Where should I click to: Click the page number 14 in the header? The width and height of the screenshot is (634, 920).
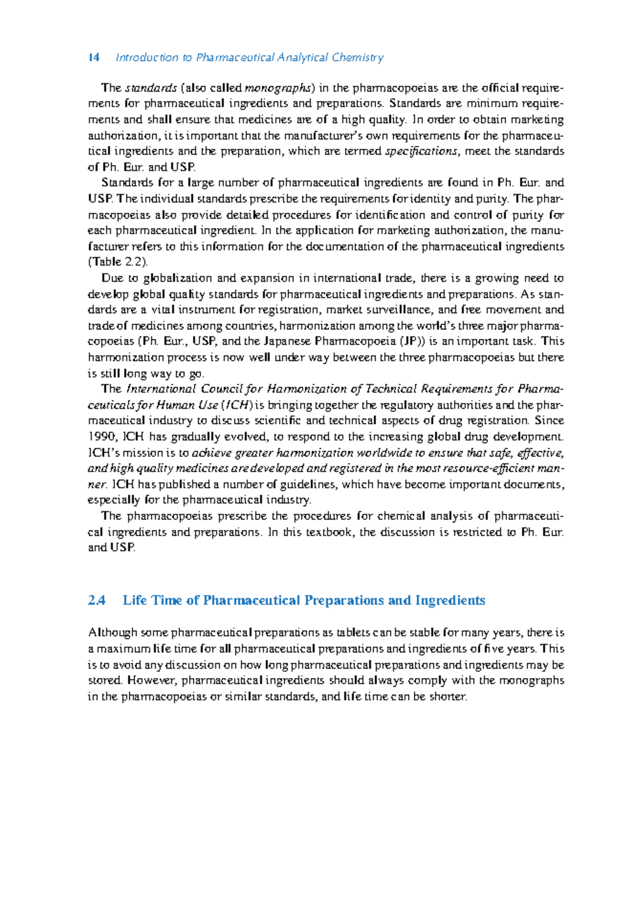94,58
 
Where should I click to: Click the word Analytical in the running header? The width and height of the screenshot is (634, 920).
303,58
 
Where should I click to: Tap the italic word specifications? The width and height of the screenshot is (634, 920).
421,151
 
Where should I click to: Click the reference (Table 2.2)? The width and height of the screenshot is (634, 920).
118,262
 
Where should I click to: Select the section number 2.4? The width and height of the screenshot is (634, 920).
97,601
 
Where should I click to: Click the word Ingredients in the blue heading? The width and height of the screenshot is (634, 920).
450,601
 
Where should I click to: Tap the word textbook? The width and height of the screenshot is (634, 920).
329,532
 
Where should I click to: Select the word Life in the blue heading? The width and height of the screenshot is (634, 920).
135,601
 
